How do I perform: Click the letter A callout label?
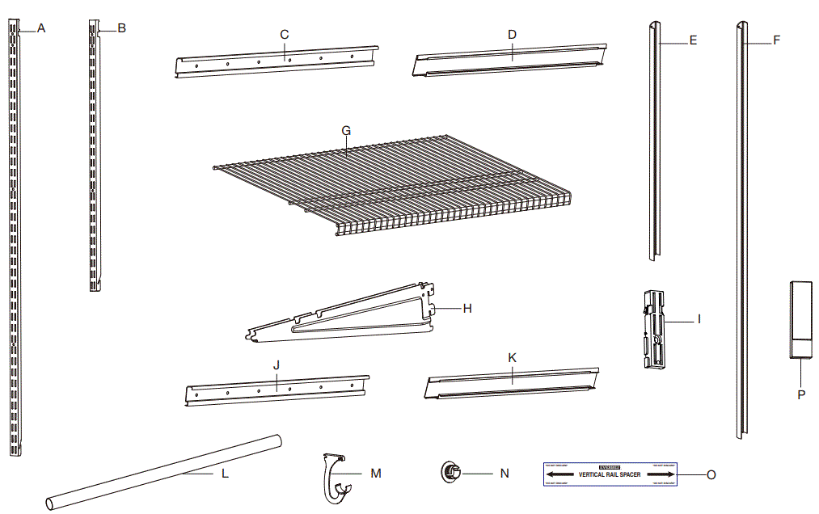(x=41, y=28)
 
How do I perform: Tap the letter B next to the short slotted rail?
(x=121, y=28)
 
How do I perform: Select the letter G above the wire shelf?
(x=346, y=129)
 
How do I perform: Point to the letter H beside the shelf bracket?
(x=466, y=308)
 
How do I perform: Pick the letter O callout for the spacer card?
(x=711, y=475)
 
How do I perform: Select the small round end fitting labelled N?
(x=450, y=472)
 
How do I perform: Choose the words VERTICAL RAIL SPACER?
(x=610, y=475)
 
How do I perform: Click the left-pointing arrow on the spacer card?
(x=561, y=475)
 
